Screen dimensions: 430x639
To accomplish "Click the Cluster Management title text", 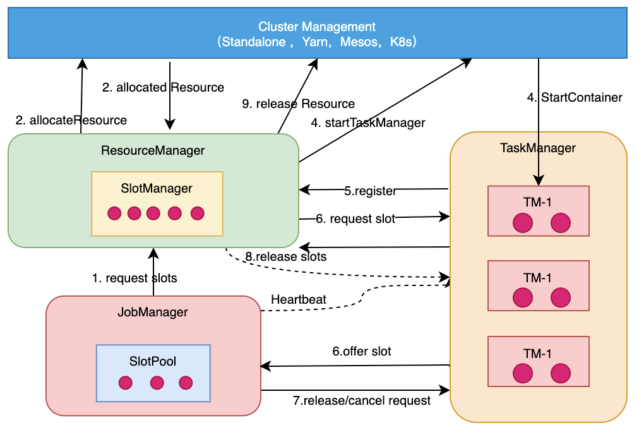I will coord(317,27).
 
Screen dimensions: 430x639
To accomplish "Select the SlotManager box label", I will coord(157,188).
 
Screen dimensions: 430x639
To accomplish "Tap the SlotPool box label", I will coord(153,361).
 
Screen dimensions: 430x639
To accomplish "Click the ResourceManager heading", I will coord(153,150).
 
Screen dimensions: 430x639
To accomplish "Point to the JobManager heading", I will coord(153,311).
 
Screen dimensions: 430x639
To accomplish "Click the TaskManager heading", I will coord(538,148).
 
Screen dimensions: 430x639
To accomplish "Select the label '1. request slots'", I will coord(134,278).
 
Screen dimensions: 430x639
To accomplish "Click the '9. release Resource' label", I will coord(299,104).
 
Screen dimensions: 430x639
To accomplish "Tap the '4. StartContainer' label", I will coord(575,97).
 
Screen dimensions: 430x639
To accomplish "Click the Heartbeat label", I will coord(299,299).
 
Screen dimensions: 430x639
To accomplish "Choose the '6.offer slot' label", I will coord(362,351).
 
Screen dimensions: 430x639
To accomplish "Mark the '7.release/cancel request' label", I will coord(362,400).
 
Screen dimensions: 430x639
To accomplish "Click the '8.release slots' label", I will coord(285,257).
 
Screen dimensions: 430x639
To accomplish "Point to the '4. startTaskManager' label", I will coord(367,122).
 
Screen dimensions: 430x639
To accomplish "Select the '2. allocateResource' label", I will coord(71,120).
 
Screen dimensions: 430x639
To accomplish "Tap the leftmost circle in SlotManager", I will coord(114,213).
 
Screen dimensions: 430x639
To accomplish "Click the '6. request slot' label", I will coord(355,219).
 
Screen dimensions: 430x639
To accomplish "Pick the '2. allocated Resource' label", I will coord(163,87).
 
